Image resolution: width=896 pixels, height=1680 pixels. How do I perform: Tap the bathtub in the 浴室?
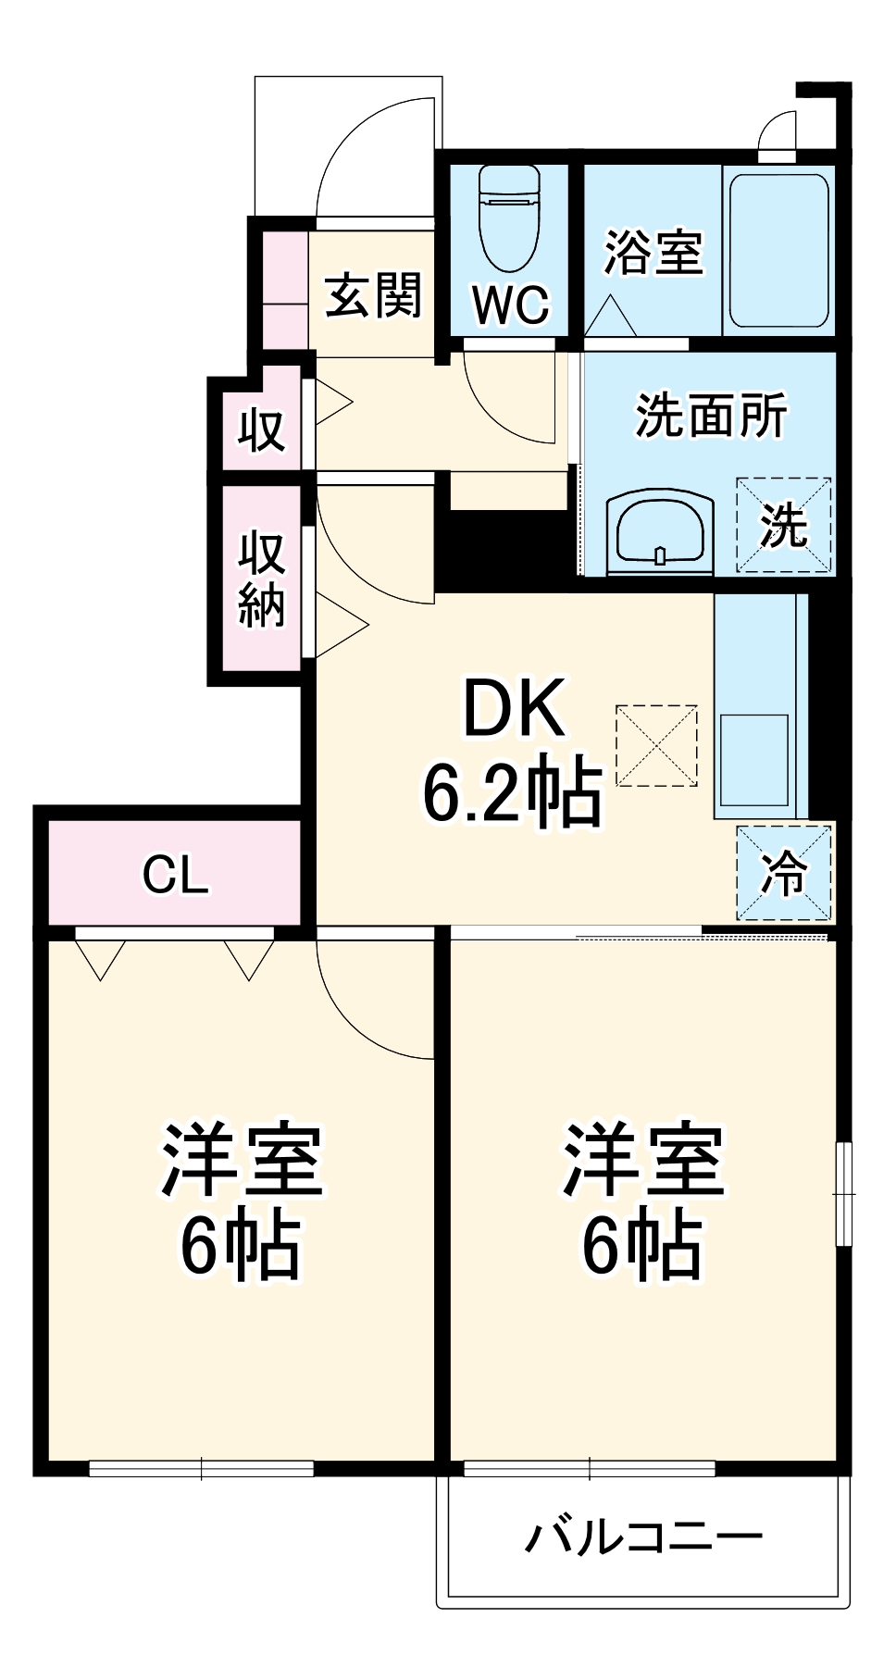click(778, 250)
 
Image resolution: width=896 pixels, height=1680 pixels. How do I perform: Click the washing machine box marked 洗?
click(783, 525)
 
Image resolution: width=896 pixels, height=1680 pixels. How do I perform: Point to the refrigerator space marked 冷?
click(783, 872)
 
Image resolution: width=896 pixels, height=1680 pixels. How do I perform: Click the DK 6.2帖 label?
click(513, 751)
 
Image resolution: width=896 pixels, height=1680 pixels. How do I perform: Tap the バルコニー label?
click(644, 1537)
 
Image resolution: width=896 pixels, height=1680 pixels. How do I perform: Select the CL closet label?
click(175, 873)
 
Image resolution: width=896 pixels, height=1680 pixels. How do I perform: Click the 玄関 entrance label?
click(374, 294)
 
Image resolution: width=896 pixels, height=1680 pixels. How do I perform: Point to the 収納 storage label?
click(261, 579)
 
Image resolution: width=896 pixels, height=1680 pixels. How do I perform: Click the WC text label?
click(510, 304)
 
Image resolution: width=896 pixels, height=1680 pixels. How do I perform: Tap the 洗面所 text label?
click(711, 415)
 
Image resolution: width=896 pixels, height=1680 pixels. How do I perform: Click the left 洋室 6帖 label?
click(242, 1201)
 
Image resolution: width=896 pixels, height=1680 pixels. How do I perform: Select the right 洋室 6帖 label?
click(642, 1201)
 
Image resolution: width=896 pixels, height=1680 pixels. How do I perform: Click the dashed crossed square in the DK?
click(656, 745)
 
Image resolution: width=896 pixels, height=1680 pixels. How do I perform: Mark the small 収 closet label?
click(261, 429)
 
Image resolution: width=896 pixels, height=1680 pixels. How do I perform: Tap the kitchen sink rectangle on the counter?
click(754, 759)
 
